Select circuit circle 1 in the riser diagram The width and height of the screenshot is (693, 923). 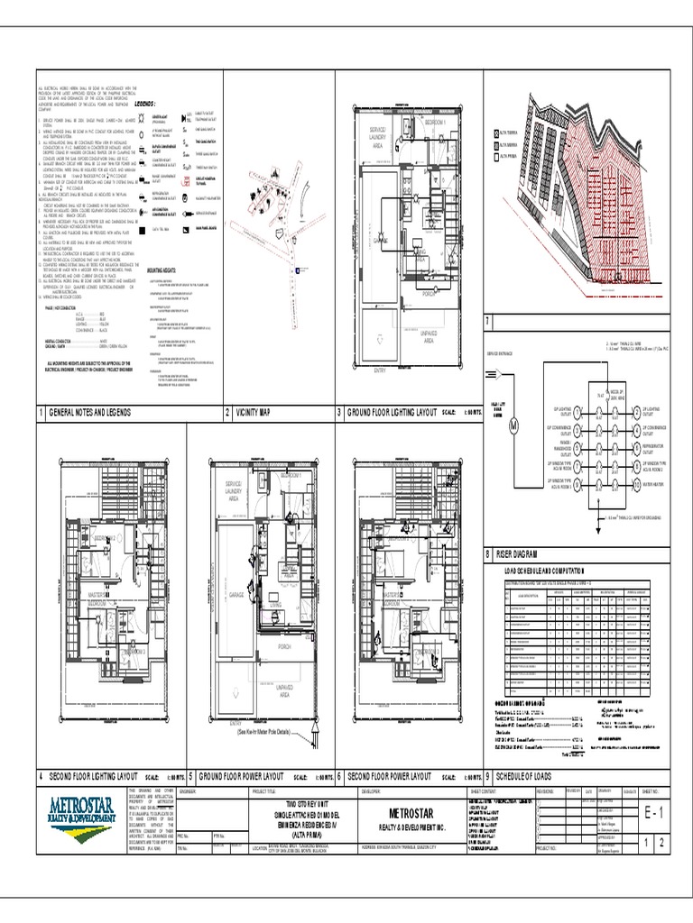[x=577, y=411]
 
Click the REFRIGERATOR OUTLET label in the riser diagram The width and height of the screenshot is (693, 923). [x=657, y=448]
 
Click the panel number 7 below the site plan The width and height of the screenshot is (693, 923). [x=488, y=322]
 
